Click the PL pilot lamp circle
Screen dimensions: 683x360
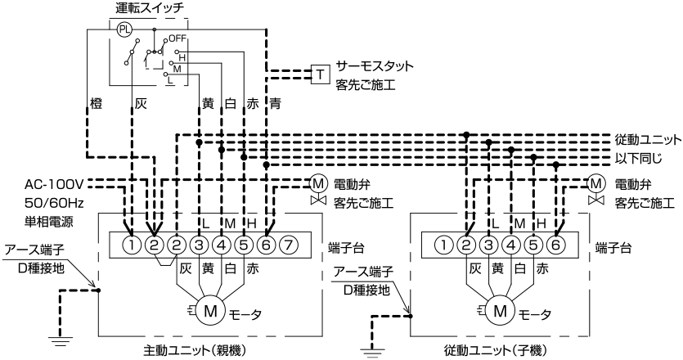(x=124, y=29)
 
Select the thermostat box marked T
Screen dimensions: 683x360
(x=320, y=74)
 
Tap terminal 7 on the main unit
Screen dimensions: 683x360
(x=288, y=245)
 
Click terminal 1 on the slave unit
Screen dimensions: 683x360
(x=444, y=245)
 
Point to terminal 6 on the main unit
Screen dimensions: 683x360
(x=266, y=245)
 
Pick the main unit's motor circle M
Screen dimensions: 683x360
(x=210, y=310)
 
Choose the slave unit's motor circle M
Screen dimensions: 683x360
(x=500, y=310)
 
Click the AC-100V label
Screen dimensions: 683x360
(x=54, y=184)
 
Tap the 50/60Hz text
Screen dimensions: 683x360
(x=54, y=203)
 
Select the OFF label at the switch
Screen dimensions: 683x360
(x=177, y=38)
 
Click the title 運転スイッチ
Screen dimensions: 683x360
(x=150, y=8)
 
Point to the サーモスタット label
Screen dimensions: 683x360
(x=375, y=66)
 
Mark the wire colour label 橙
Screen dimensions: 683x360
(x=96, y=104)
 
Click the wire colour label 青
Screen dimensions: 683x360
(x=276, y=104)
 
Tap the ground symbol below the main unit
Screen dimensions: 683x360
(x=61, y=340)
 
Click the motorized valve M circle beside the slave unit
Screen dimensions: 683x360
(x=595, y=183)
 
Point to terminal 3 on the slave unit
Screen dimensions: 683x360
(x=488, y=245)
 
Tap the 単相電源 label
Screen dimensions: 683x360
(x=49, y=222)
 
